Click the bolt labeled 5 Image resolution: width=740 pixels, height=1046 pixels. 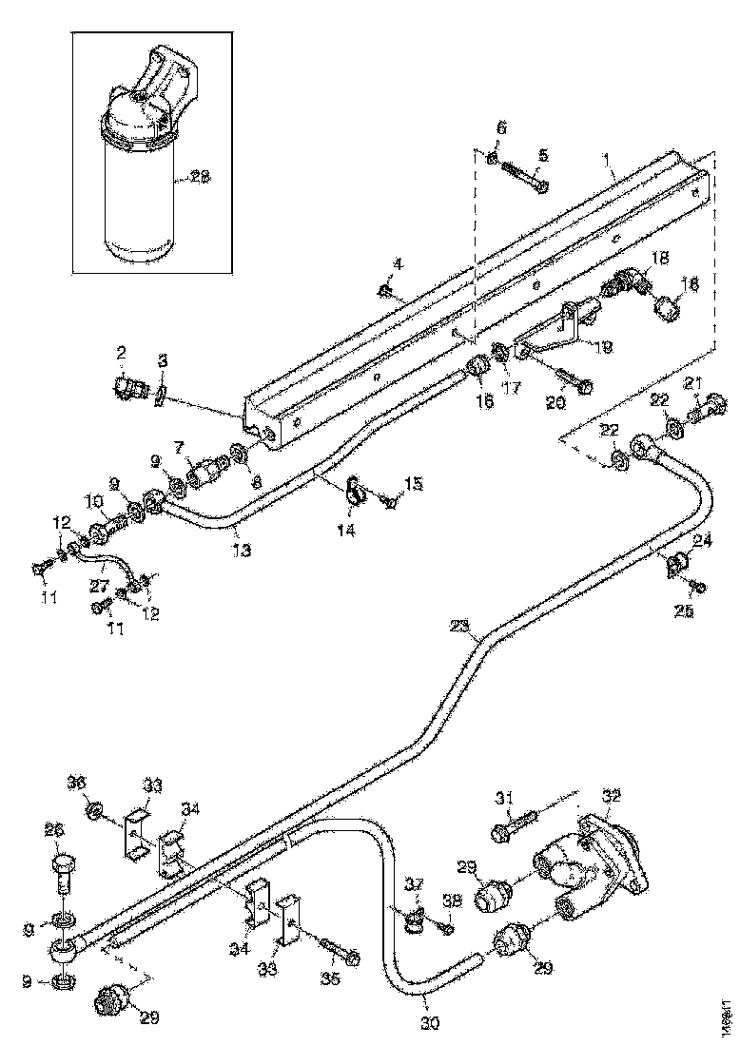pos(522,178)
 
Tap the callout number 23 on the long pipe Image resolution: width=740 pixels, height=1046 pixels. pos(461,626)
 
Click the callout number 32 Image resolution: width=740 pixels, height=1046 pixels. pos(611,795)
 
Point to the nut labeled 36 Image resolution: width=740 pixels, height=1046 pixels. pos(96,810)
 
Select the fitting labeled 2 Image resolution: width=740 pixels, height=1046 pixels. pos(128,388)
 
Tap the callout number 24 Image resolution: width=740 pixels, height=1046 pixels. pos(702,541)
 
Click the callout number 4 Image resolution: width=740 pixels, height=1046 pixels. pos(398,263)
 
